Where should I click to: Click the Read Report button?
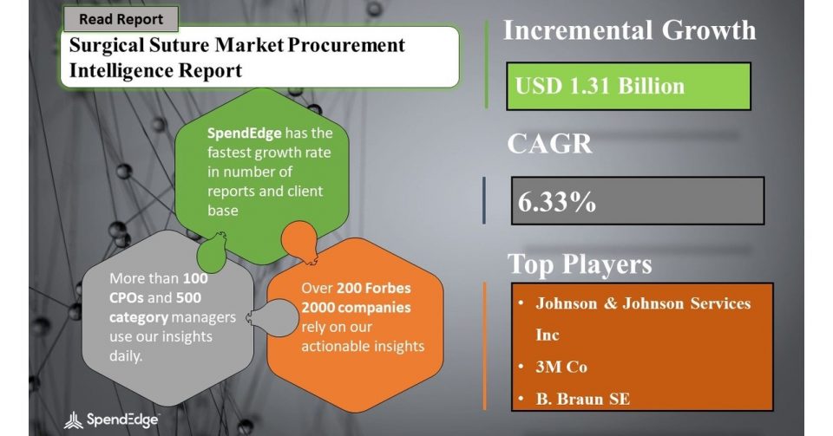click(x=121, y=19)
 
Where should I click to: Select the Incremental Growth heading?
click(x=630, y=30)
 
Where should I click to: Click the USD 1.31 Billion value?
click(x=600, y=86)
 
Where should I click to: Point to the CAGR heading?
click(x=549, y=143)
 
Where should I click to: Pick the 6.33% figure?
click(x=557, y=202)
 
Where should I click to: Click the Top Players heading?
click(x=580, y=264)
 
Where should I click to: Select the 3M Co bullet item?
click(x=561, y=367)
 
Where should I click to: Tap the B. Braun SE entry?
click(x=582, y=399)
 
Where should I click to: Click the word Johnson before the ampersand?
click(x=567, y=303)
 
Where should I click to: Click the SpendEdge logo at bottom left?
click(x=111, y=420)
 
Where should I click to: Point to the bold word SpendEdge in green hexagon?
click(x=244, y=133)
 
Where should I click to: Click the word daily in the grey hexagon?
click(x=125, y=356)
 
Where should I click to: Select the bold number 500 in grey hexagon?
click(x=188, y=297)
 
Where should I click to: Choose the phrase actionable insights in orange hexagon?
click(x=363, y=347)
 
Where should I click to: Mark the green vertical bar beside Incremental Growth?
click(x=486, y=65)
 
